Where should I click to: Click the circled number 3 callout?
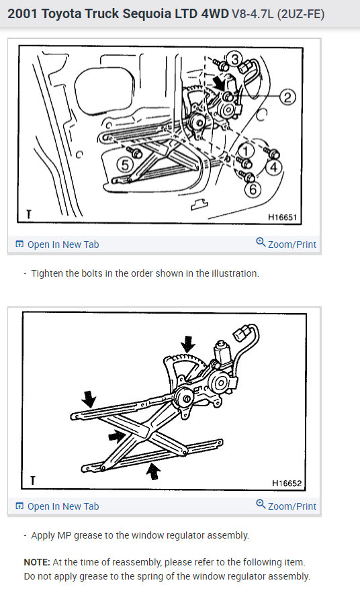pos(235,59)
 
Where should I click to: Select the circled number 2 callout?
pos(287,97)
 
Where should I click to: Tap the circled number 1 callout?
pos(245,150)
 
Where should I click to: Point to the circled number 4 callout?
pos(274,167)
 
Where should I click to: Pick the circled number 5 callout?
pos(125,165)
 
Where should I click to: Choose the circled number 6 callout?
pos(253,189)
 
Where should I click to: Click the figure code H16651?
pos(282,217)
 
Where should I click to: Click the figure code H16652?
pos(287,483)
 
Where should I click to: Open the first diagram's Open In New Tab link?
pos(57,244)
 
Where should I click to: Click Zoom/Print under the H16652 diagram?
pos(286,506)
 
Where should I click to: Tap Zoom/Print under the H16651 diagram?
pos(286,244)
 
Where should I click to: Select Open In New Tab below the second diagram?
pos(57,506)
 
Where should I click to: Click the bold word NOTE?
pos(37,562)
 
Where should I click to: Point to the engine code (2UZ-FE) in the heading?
pos(300,14)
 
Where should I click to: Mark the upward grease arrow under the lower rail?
pos(153,471)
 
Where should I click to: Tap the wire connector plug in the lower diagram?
pos(240,334)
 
